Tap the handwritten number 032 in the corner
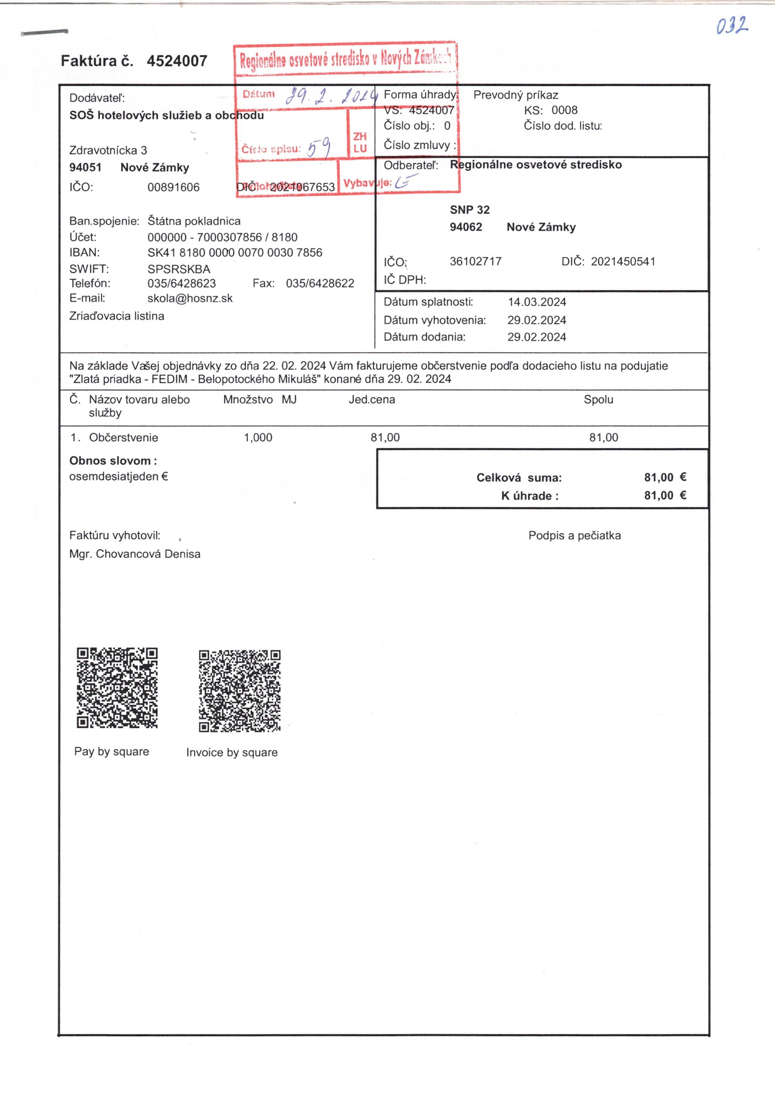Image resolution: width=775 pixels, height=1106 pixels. [x=732, y=26]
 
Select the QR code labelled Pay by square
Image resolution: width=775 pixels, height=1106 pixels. [x=117, y=687]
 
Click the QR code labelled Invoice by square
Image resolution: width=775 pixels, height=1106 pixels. [x=239, y=690]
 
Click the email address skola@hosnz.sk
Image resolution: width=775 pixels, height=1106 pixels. [x=190, y=298]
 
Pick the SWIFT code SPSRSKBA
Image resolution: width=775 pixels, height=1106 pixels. [x=179, y=269]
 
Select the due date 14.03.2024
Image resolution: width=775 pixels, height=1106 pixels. [x=537, y=302]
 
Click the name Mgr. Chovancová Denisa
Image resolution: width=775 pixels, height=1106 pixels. [x=134, y=554]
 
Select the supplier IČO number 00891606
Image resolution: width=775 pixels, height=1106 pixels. [x=173, y=187]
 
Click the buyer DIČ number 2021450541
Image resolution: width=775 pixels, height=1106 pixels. [x=623, y=262]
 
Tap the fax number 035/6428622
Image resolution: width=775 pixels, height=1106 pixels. [x=320, y=283]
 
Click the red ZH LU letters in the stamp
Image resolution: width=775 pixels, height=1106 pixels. [x=360, y=143]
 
